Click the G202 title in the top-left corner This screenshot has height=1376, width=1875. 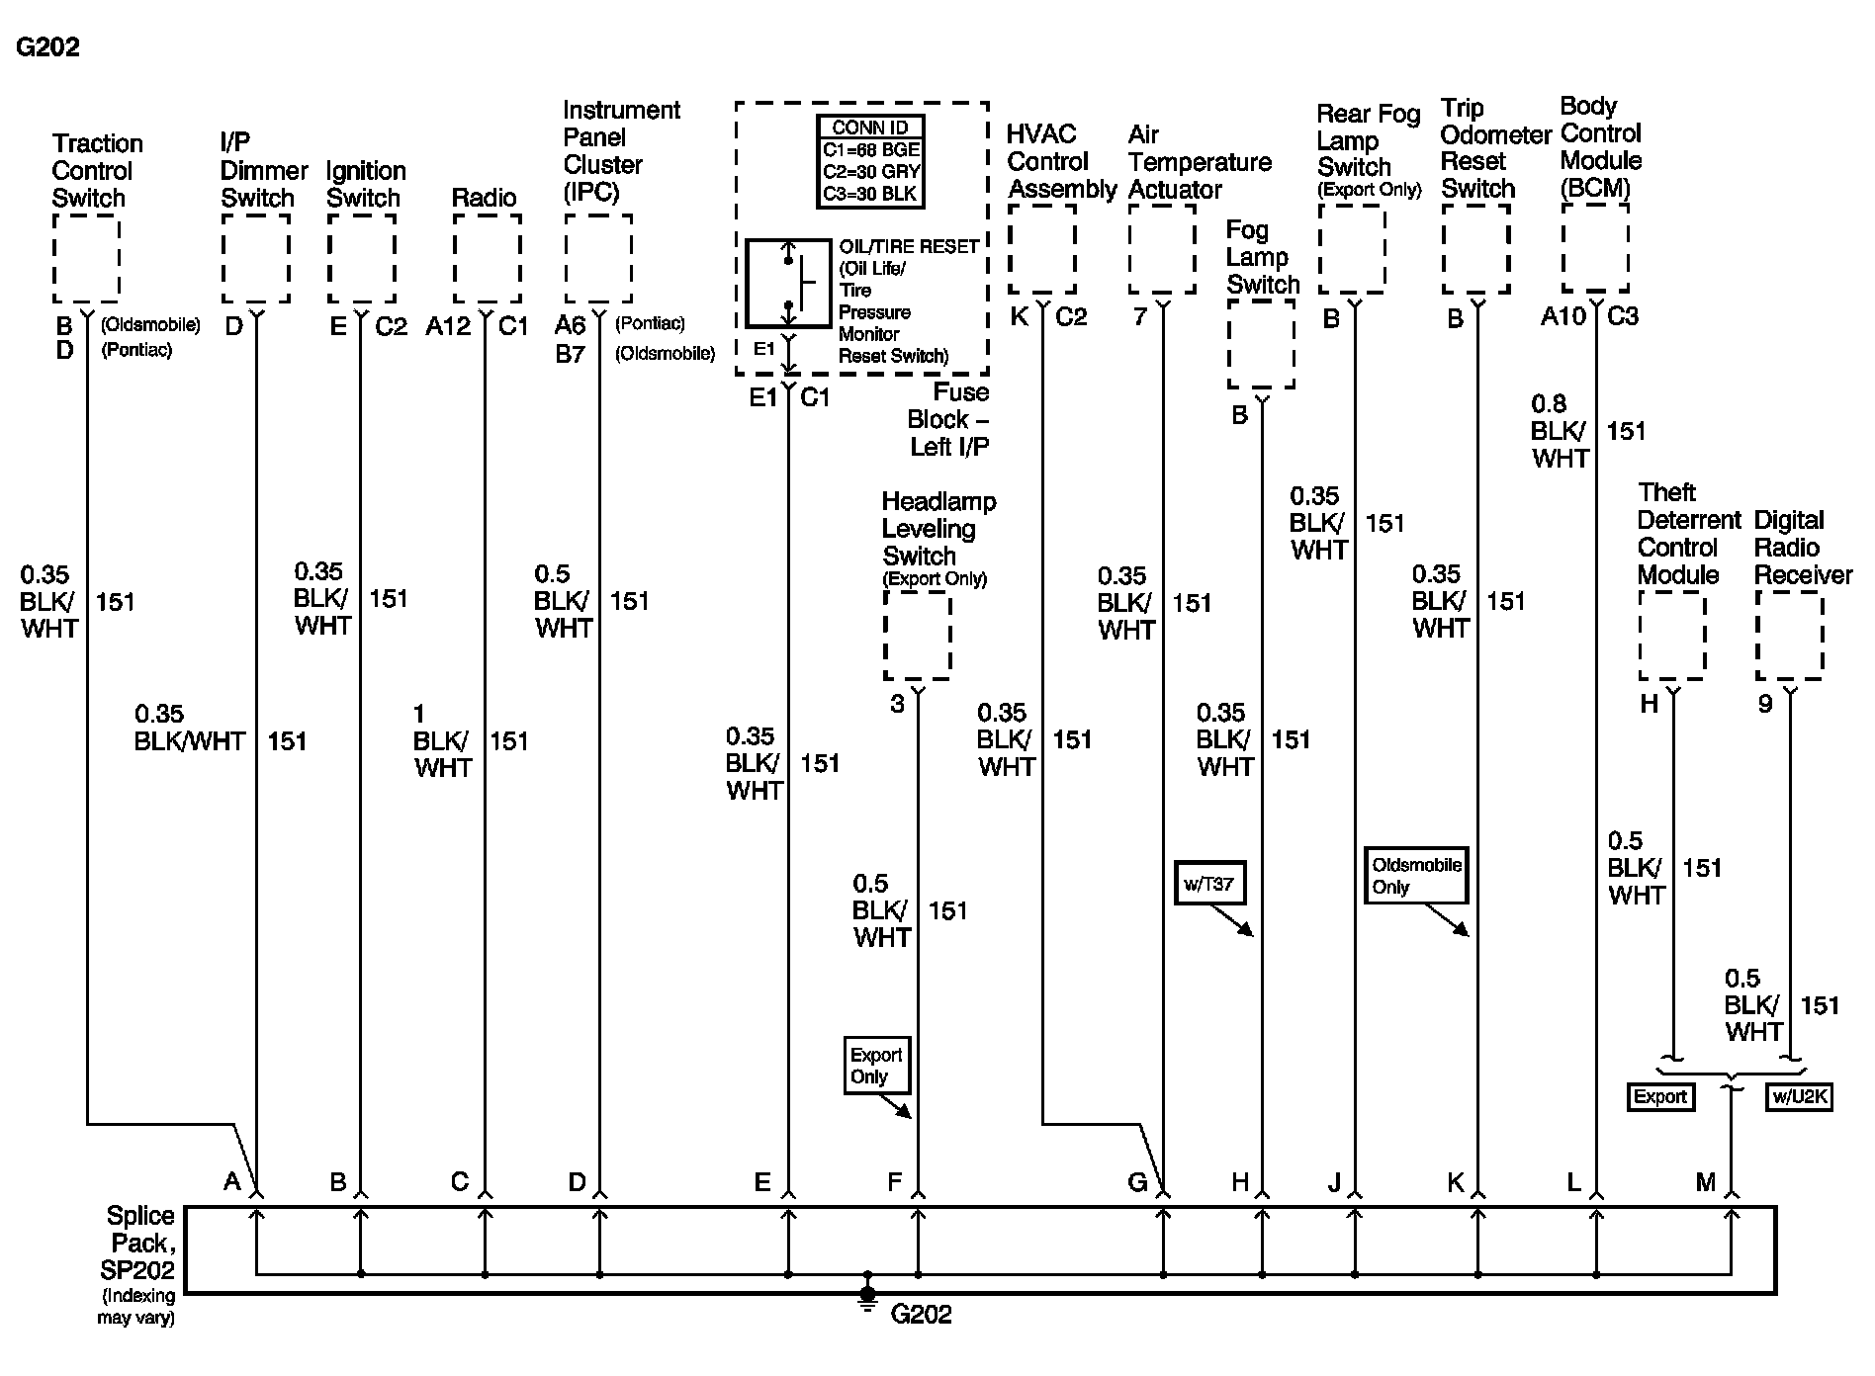pyautogui.click(x=47, y=46)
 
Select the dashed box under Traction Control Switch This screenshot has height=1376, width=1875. pyautogui.click(x=86, y=258)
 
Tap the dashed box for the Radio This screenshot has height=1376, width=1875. pyautogui.click(x=487, y=258)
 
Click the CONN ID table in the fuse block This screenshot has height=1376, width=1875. pyautogui.click(x=870, y=161)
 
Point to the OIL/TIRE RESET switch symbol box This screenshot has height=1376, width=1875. pyautogui.click(x=787, y=283)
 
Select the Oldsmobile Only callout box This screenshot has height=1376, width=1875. pyautogui.click(x=1416, y=875)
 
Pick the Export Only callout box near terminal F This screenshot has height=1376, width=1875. pyautogui.click(x=876, y=1065)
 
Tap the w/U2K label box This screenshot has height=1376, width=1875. pyautogui.click(x=1800, y=1096)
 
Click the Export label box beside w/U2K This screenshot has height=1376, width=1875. pyautogui.click(x=1659, y=1096)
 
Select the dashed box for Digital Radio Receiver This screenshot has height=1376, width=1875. pyautogui.click(x=1789, y=636)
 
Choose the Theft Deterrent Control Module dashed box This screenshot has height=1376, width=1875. pyautogui.click(x=1672, y=636)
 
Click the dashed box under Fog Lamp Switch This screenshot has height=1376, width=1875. pyautogui.click(x=1261, y=344)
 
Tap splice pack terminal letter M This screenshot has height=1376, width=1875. pyautogui.click(x=1705, y=1181)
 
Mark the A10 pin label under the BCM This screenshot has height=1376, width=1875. pyautogui.click(x=1562, y=316)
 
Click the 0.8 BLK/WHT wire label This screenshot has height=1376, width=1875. pyautogui.click(x=1559, y=431)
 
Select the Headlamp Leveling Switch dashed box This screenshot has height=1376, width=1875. pyautogui.click(x=917, y=636)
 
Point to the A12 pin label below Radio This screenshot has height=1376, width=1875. pyautogui.click(x=448, y=326)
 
